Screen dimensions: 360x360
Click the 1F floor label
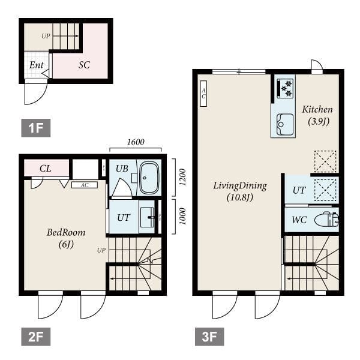(36, 128)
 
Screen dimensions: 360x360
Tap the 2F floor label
(36, 337)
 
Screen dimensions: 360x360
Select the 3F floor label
(209, 337)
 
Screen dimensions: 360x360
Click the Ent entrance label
(37, 65)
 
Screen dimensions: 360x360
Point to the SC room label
(84, 65)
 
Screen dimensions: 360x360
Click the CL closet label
(46, 169)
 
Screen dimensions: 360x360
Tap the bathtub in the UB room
(149, 178)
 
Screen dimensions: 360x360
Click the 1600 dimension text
(136, 142)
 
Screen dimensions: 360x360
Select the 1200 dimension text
(182, 177)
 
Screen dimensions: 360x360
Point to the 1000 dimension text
(182, 216)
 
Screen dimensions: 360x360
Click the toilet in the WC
(326, 220)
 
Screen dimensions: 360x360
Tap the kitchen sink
(284, 124)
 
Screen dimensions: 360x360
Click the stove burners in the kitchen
(285, 88)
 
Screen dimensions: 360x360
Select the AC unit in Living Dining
(203, 94)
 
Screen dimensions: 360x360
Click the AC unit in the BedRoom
(85, 185)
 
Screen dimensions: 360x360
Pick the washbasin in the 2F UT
(147, 217)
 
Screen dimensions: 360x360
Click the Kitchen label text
(317, 109)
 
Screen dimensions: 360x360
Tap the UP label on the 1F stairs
(46, 36)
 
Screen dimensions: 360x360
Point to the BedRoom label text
(66, 232)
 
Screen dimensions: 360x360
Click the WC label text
(299, 220)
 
